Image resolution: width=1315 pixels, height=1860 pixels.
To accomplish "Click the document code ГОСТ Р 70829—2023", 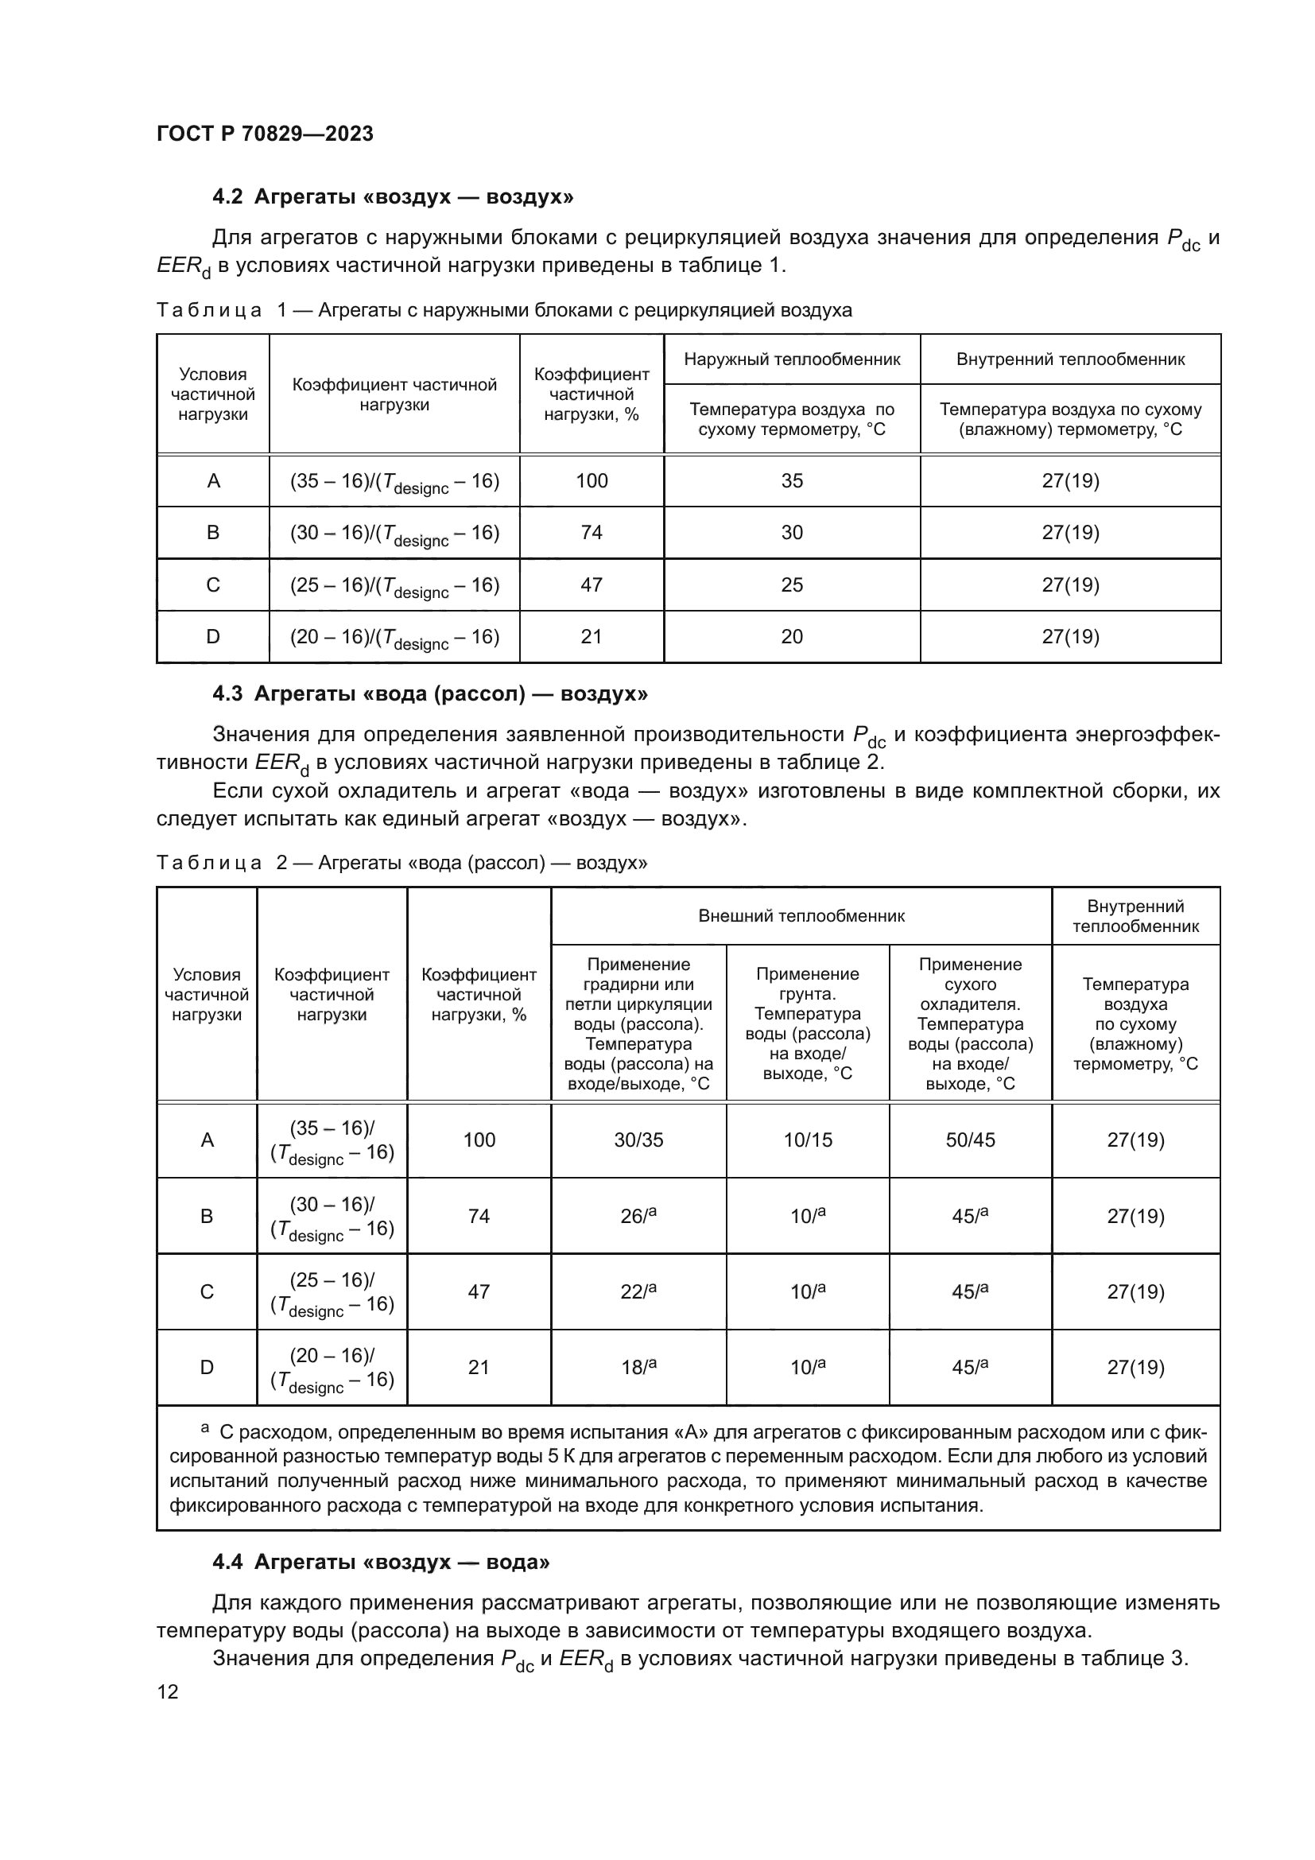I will coord(265,134).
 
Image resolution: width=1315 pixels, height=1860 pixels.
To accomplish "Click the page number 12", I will coord(168,1691).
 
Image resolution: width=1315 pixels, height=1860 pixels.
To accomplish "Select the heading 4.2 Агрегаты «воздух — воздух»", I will coord(393,197).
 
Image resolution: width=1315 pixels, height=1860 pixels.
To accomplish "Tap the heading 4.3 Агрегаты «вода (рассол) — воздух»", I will coord(429,693).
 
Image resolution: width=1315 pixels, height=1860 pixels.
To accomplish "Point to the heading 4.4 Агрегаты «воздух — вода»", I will coord(381,1562).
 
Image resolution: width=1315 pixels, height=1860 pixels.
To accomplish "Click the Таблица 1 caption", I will coord(503,310).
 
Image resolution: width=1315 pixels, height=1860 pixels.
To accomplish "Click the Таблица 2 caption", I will coord(401,863).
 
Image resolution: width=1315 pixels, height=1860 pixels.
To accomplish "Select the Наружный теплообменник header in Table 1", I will coord(791,359).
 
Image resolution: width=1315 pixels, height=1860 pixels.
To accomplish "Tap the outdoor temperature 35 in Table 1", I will coord(791,481).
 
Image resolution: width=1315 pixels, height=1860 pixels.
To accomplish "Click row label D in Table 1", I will coord(213,637).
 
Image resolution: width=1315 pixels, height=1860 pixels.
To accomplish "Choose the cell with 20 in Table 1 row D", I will coord(791,637).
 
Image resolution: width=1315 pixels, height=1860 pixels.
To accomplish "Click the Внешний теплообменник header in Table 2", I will coord(801,916).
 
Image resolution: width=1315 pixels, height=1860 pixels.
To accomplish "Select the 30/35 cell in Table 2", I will coord(638,1140).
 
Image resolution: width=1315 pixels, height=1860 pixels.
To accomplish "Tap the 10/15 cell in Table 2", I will coord(807,1140).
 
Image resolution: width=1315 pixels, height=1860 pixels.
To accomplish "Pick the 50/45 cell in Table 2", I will coord(970,1140).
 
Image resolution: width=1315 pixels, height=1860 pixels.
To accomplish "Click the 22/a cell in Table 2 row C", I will coord(638,1291).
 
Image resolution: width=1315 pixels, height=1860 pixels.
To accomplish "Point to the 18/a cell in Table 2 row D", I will coord(638,1368).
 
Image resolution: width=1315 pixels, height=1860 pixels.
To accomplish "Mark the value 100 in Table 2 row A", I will coord(479,1140).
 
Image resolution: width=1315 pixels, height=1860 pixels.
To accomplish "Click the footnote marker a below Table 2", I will coord(205,1427).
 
